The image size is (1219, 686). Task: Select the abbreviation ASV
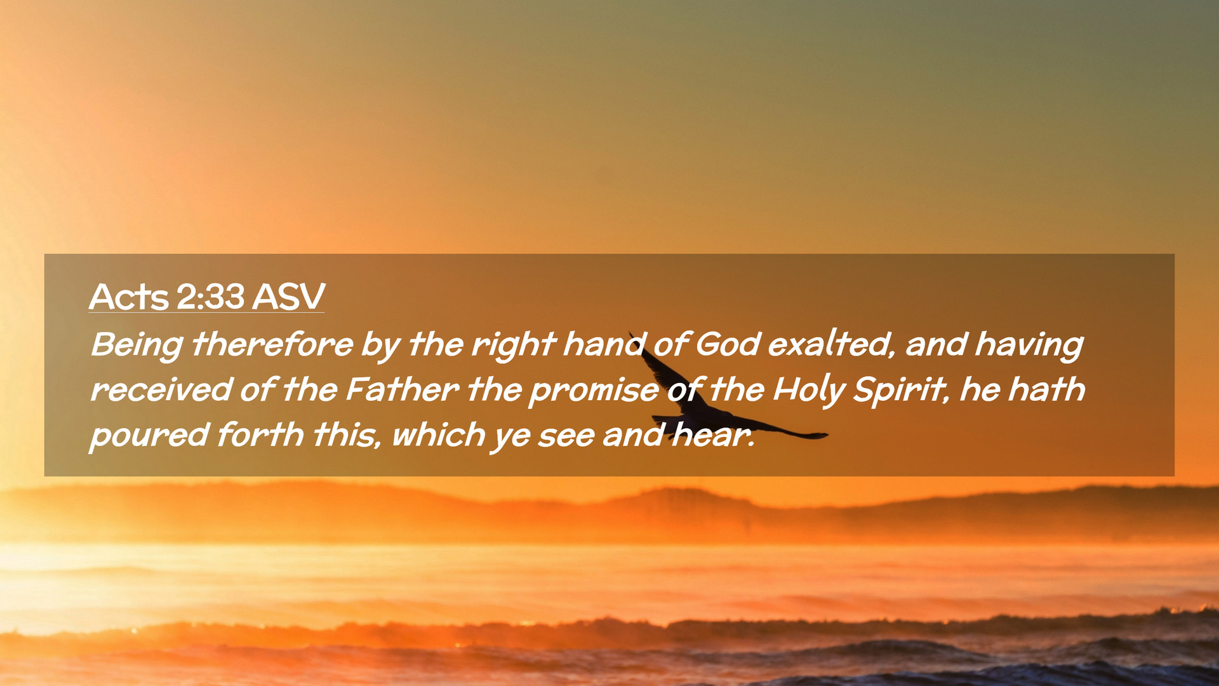coord(288,296)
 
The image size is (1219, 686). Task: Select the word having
coord(1029,346)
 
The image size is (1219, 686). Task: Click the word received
coord(161,389)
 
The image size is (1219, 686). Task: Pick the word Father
coord(403,389)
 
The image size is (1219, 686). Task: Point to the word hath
coord(1047,389)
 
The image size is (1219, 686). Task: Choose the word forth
coord(260,434)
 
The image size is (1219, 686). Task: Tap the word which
coord(439,434)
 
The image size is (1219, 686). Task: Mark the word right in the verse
coord(513,346)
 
